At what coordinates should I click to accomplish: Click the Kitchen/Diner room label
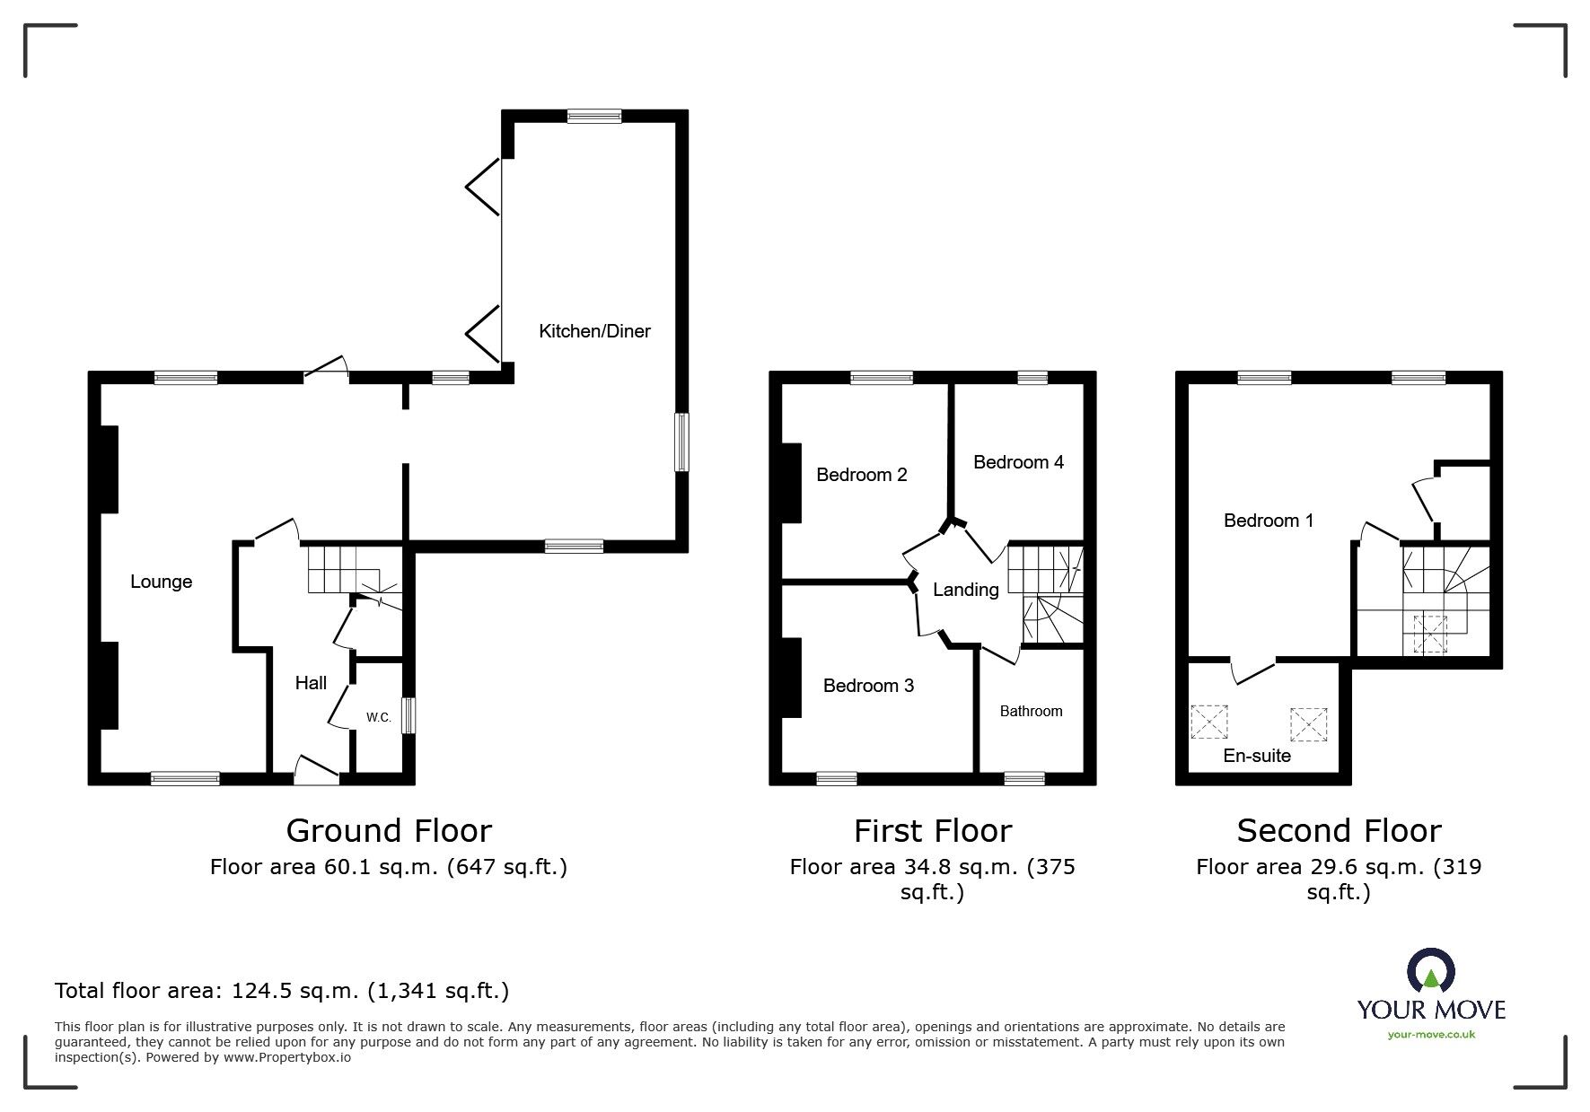coord(594,331)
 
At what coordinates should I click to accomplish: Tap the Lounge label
coord(162,582)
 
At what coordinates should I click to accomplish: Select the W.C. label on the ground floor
coord(378,717)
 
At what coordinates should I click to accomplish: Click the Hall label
coord(311,683)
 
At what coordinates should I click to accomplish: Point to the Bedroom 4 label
coord(1018,462)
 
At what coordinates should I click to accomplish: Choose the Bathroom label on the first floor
coord(1031,711)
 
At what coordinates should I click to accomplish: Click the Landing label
coord(965,590)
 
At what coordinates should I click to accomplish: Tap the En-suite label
coord(1257,756)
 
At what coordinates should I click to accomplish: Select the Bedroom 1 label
coord(1269,521)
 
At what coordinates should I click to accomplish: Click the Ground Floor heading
coord(389,831)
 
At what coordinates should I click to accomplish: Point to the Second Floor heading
coord(1339,831)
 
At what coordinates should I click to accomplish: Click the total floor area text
coord(282,991)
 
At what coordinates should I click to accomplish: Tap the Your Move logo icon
coord(1430,970)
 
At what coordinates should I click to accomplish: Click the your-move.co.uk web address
coord(1431,1035)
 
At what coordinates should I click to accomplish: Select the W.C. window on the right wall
coord(409,716)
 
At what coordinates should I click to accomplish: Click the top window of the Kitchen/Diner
coord(593,116)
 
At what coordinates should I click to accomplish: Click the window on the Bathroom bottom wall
coord(1024,778)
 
